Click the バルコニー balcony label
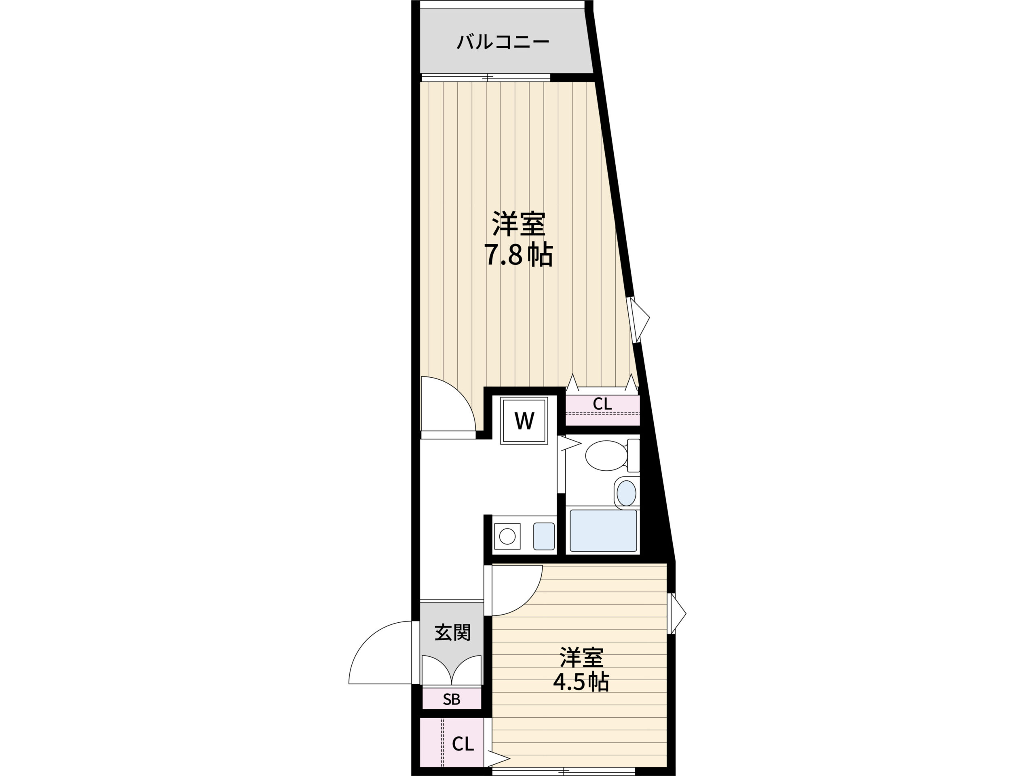tap(503, 42)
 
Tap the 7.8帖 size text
tap(518, 255)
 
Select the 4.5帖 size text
tap(581, 682)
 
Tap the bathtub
tap(603, 531)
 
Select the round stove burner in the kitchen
tap(507, 536)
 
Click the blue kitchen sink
tap(544, 536)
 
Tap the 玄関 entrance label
tap(452, 633)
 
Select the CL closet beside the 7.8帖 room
tap(602, 410)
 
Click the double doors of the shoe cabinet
tap(452, 669)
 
